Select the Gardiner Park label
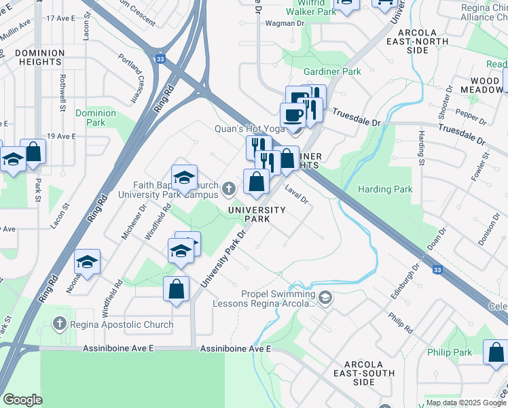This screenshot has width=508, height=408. point(332,71)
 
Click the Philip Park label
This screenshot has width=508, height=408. point(450,352)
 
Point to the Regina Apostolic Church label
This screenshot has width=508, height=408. point(122,324)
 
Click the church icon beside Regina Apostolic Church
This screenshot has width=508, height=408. point(60,324)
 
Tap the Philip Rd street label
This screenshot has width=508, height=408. point(400,322)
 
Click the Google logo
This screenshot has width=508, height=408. point(23,400)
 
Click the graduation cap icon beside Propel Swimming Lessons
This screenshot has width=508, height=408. point(325,297)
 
